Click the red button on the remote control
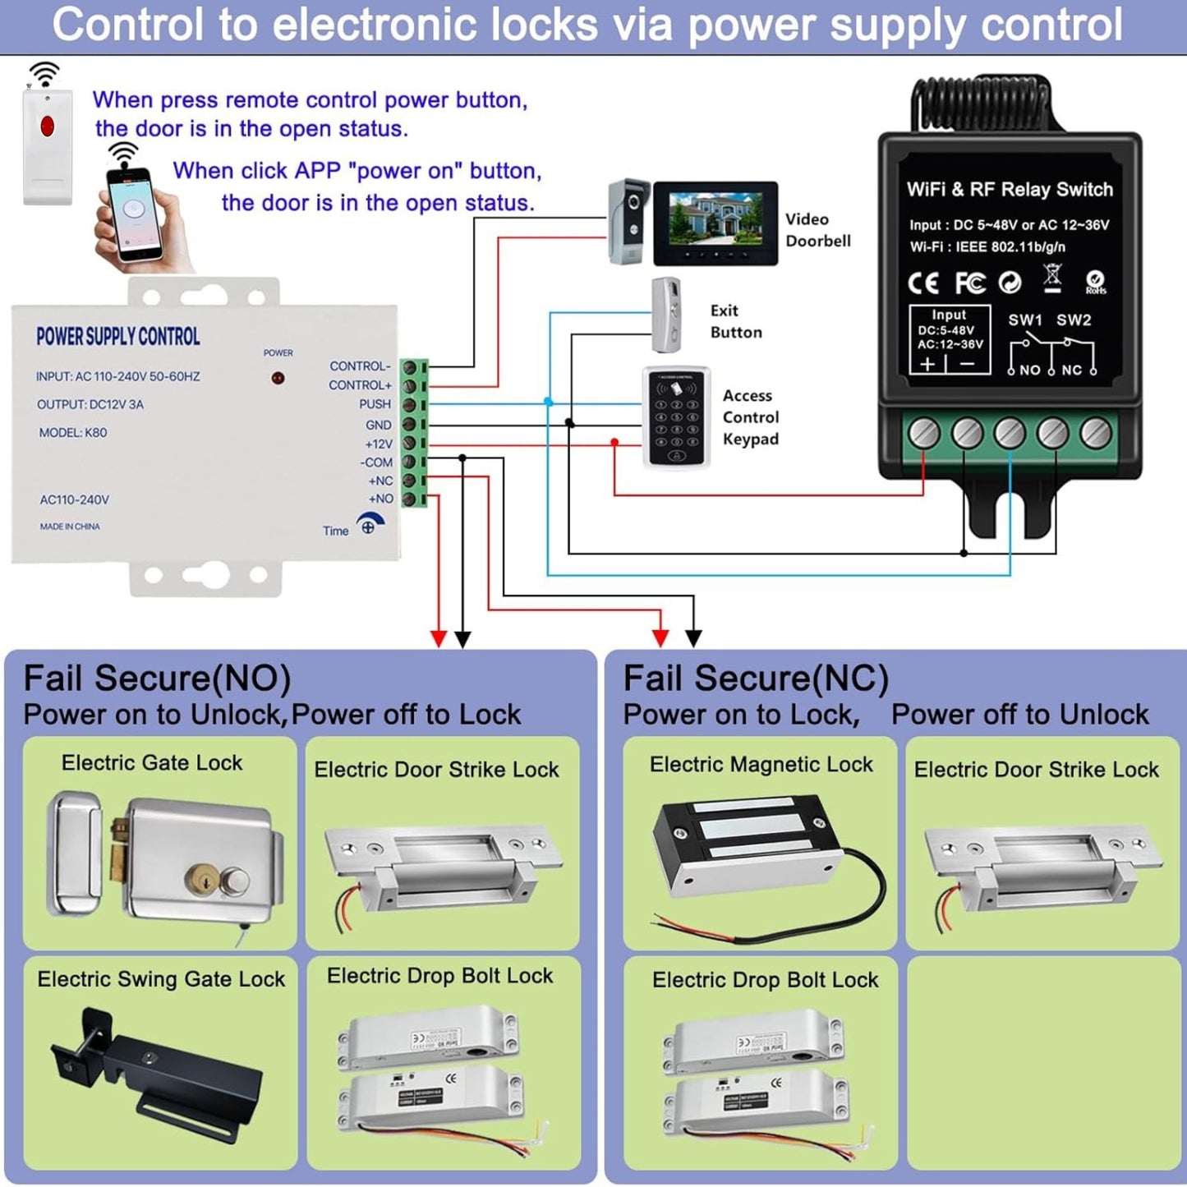47,127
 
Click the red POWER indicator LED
278,379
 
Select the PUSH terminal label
375,404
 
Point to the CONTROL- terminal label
360,366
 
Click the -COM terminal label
376,462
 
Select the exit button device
666,315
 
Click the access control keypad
676,417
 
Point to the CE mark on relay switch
923,283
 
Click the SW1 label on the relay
1025,320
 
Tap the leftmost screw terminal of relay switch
923,433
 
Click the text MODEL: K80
73,433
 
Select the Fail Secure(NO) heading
158,679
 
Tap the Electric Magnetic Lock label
761,765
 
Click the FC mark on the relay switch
969,283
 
